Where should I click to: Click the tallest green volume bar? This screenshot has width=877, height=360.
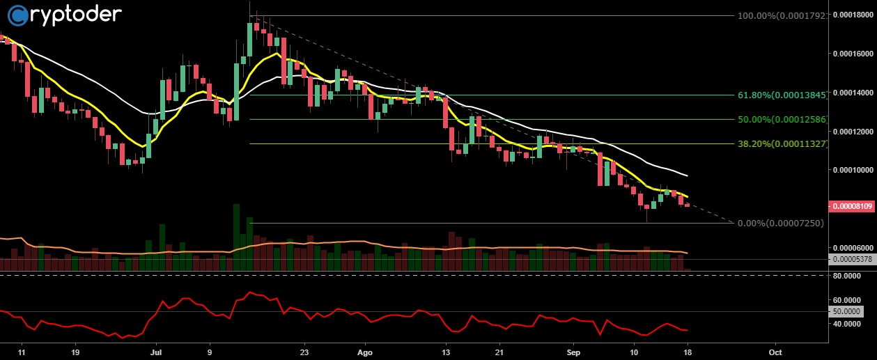237,237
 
